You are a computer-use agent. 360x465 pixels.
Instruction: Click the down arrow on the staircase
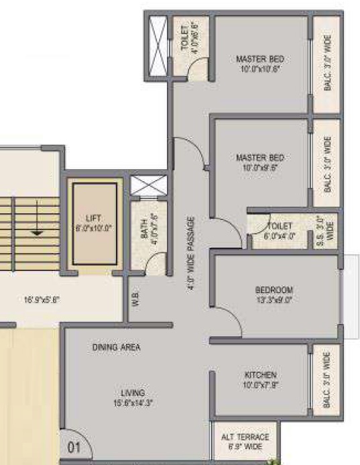pos(37,229)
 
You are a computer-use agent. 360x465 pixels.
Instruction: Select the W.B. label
pos(135,301)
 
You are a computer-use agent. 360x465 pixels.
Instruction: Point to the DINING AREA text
pos(116,348)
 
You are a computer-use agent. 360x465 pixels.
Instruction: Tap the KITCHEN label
pos(261,374)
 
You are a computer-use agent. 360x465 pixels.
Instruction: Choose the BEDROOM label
pos(274,290)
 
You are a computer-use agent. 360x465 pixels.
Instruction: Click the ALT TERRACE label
pos(245,437)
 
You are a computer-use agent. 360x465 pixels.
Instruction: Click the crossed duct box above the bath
pos(148,187)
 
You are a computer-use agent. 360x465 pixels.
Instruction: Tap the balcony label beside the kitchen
pos(327,379)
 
